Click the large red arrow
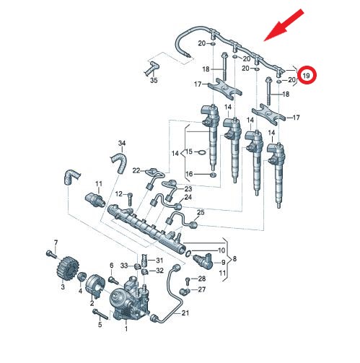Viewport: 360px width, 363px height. (x=279, y=26)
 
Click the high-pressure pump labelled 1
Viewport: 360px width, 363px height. (x=125, y=298)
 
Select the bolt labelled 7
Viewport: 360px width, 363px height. (x=49, y=253)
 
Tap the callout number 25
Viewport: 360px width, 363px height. (x=201, y=212)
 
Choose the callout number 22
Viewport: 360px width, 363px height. (x=136, y=170)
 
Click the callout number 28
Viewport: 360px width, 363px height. (x=203, y=278)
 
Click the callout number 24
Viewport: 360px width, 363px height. (x=188, y=197)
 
